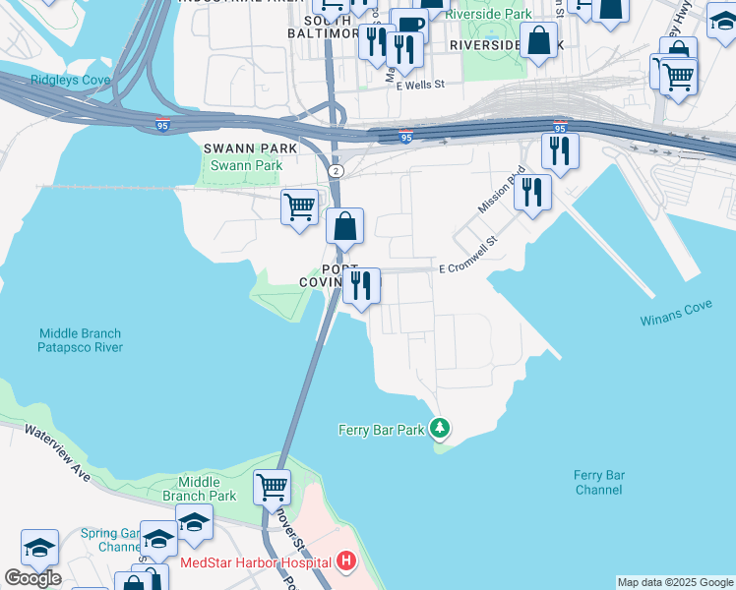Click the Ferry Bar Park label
pyautogui.click(x=381, y=429)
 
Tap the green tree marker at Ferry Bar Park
pyautogui.click(x=441, y=428)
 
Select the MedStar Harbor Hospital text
pyautogui.click(x=256, y=563)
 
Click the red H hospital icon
pyautogui.click(x=345, y=562)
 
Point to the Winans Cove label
pyautogui.click(x=675, y=321)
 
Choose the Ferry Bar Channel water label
pyautogui.click(x=599, y=482)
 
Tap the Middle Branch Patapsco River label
pyautogui.click(x=80, y=340)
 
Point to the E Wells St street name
pyautogui.click(x=422, y=86)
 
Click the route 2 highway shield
pyautogui.click(x=337, y=171)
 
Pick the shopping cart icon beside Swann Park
pyautogui.click(x=299, y=207)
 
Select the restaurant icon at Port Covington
pyautogui.click(x=361, y=285)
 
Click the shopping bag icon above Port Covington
pyautogui.click(x=345, y=226)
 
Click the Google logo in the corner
pyautogui.click(x=31, y=578)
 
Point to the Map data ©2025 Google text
pyautogui.click(x=675, y=582)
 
